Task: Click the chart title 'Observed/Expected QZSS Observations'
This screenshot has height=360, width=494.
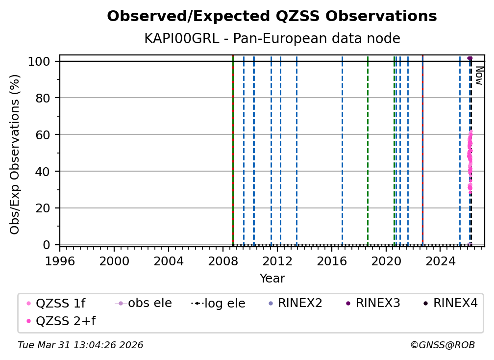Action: tap(272, 16)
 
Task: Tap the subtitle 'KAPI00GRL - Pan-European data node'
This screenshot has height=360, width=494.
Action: tap(272, 39)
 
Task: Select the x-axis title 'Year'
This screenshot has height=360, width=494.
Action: tap(272, 279)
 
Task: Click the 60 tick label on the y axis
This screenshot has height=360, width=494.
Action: tap(44, 134)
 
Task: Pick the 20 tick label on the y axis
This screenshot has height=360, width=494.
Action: tap(44, 208)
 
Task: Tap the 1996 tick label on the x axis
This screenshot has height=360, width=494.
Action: tap(60, 261)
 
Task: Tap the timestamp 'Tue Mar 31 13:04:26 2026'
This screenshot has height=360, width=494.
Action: tap(80, 345)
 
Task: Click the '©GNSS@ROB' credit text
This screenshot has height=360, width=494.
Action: tap(442, 345)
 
